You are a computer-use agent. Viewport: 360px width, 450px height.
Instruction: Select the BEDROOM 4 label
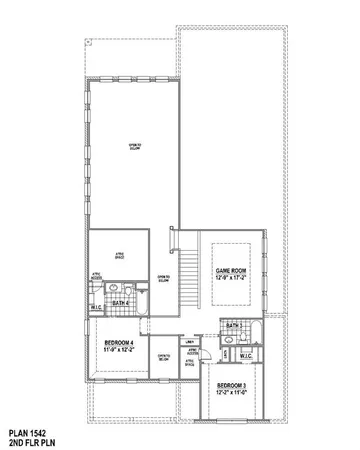(119, 343)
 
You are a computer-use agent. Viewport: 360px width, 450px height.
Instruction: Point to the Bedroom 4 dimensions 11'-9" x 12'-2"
(119, 350)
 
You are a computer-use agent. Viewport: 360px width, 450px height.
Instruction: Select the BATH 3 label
(233, 326)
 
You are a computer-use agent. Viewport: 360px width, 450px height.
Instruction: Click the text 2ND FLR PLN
(31, 441)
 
